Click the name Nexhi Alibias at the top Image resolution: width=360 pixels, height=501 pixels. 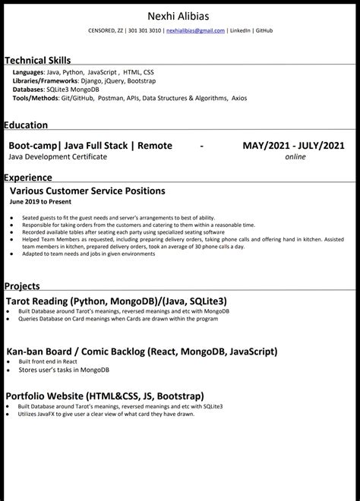(x=180, y=16)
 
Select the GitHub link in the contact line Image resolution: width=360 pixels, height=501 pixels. (x=264, y=31)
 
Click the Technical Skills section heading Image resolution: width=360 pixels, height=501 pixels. (x=37, y=60)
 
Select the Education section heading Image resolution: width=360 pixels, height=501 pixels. (x=26, y=125)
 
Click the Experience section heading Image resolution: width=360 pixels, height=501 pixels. (x=28, y=178)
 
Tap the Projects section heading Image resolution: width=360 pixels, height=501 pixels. (x=22, y=286)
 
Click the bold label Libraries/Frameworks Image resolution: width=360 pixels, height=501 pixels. (x=45, y=80)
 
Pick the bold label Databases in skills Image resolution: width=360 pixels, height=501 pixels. (x=28, y=89)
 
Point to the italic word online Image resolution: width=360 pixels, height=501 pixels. (x=295, y=156)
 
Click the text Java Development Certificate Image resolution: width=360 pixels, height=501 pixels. (x=58, y=156)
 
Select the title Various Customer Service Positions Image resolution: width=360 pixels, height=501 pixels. (x=87, y=191)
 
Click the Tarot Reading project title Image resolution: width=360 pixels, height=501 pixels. (x=116, y=301)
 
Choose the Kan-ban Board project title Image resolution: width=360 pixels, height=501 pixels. (x=141, y=351)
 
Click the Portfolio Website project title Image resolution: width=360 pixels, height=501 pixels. (x=105, y=396)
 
